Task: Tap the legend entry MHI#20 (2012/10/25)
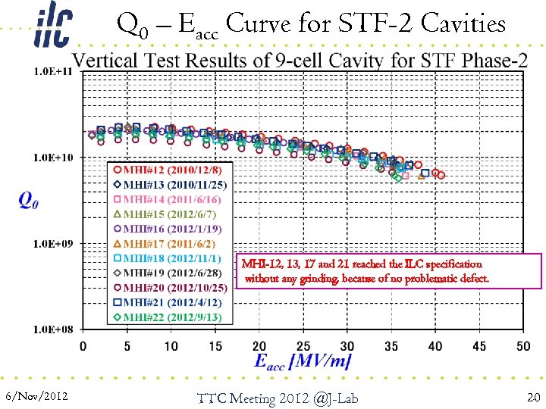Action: point(168,288)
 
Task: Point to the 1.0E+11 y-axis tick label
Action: point(54,72)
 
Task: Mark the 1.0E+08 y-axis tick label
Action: point(54,329)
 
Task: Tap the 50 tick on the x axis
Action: point(523,346)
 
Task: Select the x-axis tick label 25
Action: point(303,346)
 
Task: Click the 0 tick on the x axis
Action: point(83,346)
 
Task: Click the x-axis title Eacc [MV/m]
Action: point(303,363)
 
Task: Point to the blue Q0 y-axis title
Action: point(29,200)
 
